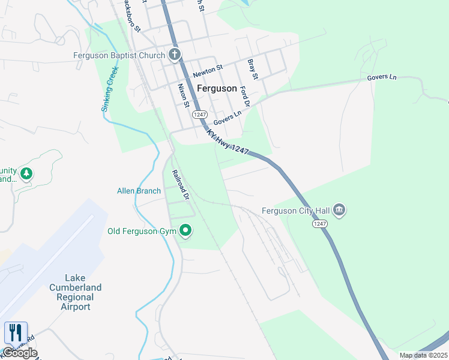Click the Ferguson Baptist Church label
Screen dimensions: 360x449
118,56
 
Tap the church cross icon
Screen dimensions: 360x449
175,56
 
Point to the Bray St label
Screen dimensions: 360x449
253,69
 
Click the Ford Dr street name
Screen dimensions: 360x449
244,96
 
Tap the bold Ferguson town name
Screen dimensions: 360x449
217,88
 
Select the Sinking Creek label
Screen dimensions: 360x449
110,88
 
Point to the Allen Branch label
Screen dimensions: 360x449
139,191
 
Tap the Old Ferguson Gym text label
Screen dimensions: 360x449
141,231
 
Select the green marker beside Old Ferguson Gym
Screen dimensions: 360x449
186,230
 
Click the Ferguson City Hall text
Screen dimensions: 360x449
296,211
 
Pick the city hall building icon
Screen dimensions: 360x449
340,210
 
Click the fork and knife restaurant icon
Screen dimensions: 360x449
15,333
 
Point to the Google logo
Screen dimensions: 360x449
20,353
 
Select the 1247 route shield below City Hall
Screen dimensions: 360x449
319,223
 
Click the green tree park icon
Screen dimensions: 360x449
26,174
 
